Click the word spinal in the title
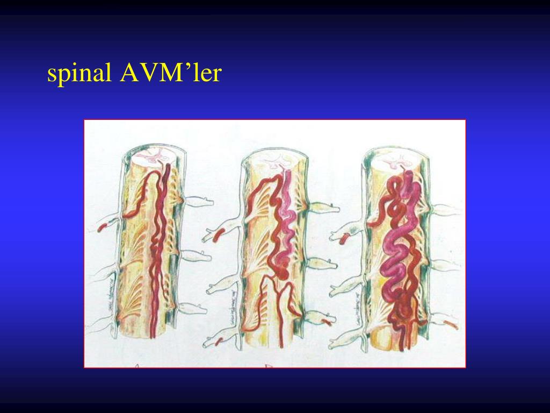(79, 74)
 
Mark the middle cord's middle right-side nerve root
(322, 264)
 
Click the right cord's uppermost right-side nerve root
(447, 210)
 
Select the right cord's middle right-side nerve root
(446, 265)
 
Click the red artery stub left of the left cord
(102, 227)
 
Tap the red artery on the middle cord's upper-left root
(220, 235)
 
